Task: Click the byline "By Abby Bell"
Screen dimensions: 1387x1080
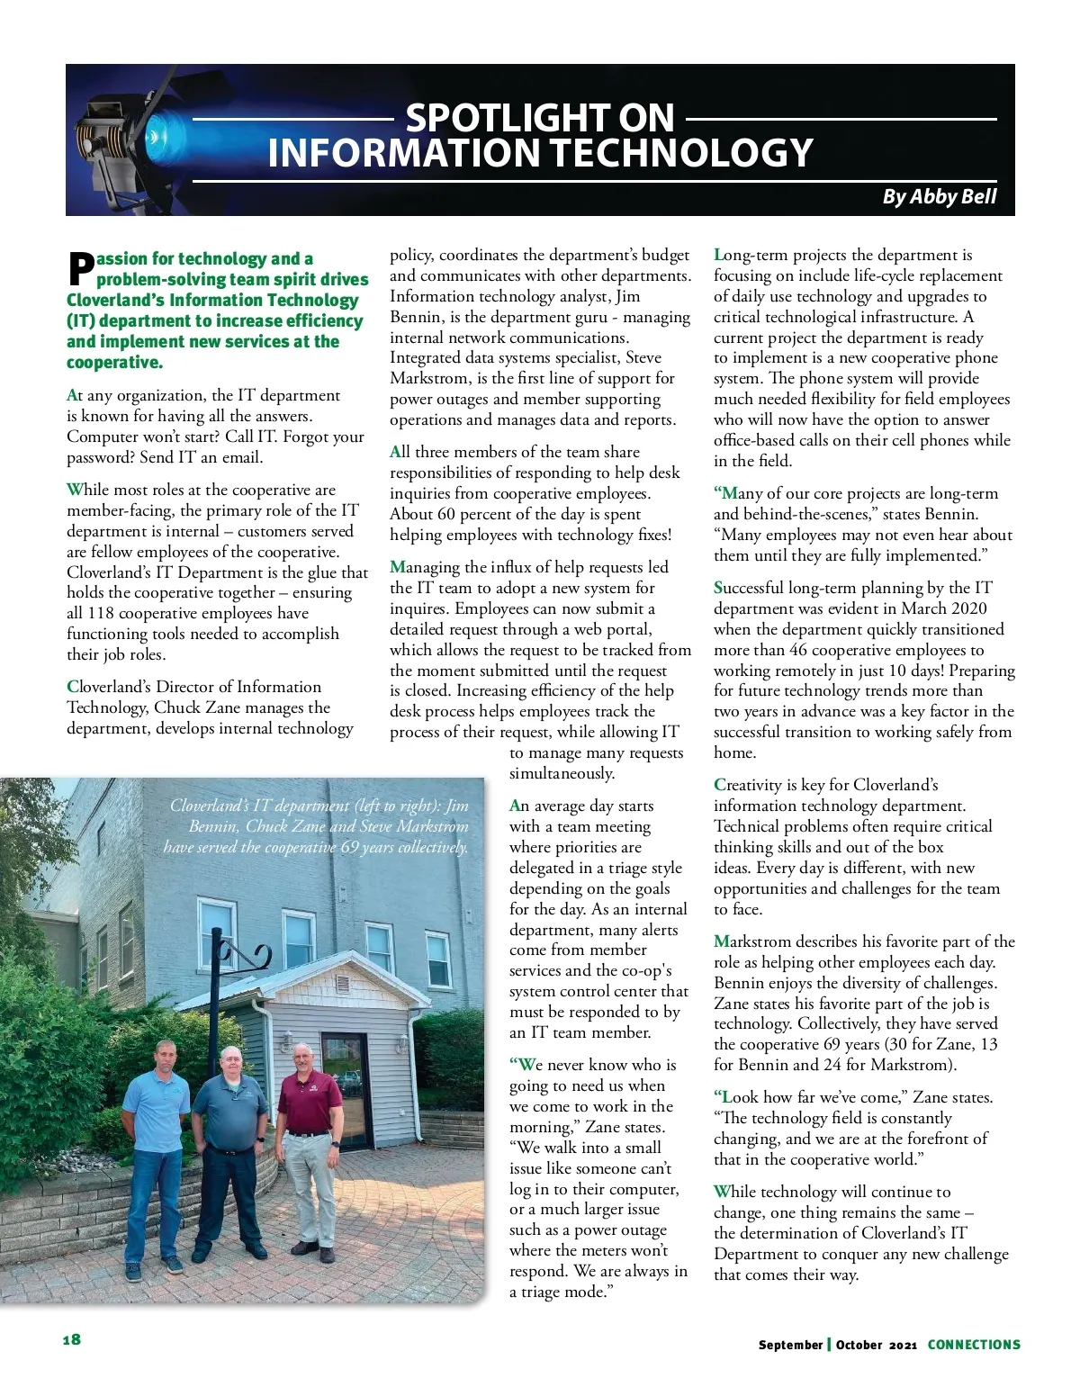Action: pos(939,196)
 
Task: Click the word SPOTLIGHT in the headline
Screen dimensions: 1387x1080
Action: pos(539,118)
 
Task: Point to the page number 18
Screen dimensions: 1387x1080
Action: pos(72,1339)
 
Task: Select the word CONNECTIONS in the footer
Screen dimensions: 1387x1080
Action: pos(974,1345)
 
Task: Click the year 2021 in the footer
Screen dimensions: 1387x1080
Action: pos(903,1345)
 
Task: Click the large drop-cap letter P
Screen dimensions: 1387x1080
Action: pos(81,267)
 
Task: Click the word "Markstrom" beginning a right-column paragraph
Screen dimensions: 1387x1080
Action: pos(752,941)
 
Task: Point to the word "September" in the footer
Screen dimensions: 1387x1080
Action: pos(790,1345)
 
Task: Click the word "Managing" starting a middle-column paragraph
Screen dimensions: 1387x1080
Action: pos(425,567)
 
